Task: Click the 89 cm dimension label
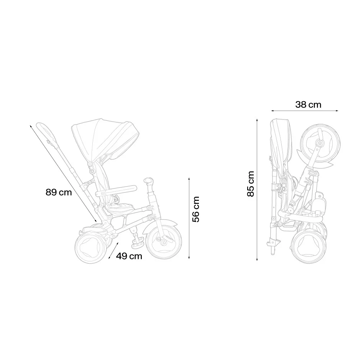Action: (x=59, y=192)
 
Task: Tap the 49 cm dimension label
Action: (x=129, y=256)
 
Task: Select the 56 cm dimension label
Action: (x=196, y=209)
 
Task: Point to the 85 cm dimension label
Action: (x=251, y=184)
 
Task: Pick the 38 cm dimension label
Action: (x=308, y=105)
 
